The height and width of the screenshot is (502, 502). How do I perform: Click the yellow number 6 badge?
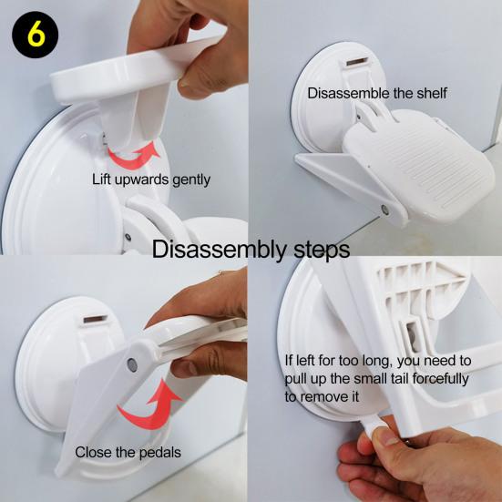click(x=36, y=35)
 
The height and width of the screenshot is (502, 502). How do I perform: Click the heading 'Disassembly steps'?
click(x=251, y=250)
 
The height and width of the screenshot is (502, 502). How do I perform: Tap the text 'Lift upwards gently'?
click(x=151, y=179)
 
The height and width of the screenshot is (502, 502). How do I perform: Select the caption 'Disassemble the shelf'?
click(x=377, y=94)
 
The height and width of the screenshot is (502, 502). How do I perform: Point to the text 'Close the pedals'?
click(x=128, y=453)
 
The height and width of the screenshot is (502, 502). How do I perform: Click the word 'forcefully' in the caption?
click(x=440, y=379)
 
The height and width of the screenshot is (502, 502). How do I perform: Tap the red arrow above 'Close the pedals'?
click(x=149, y=406)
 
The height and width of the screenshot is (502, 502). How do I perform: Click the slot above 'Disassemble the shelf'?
click(x=357, y=62)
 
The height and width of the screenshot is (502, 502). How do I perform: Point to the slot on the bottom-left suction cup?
click(x=95, y=319)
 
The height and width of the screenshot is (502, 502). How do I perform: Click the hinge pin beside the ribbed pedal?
click(x=385, y=210)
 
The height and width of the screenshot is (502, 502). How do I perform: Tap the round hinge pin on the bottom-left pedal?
click(x=132, y=365)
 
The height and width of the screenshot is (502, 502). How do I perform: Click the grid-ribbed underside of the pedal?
click(x=419, y=288)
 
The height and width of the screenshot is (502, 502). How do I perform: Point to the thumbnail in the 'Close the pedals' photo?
click(x=183, y=367)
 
